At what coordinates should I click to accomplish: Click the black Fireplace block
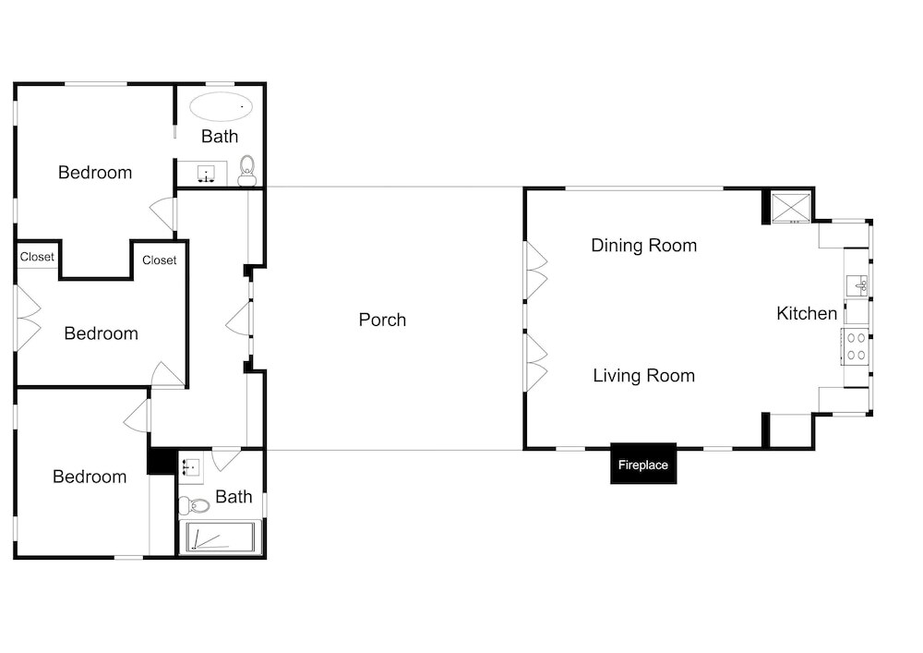coord(642,464)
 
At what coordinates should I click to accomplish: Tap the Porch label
coord(382,320)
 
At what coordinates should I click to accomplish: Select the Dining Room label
coord(644,245)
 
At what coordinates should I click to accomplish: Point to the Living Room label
coord(644,376)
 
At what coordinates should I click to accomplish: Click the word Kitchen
coord(807,313)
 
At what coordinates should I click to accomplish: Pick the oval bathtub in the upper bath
coord(221,106)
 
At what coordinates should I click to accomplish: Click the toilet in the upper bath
coord(247,171)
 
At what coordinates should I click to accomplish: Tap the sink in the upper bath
coord(206,174)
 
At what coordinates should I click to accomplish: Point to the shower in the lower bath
coord(221,537)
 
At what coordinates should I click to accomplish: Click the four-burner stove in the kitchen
coord(856,346)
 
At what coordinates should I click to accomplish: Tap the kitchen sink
coord(857,286)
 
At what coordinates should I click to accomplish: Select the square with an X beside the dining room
coord(791,207)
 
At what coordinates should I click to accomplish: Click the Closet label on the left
coord(37,257)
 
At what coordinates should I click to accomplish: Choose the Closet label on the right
coord(159,260)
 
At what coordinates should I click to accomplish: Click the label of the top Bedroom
coord(95,173)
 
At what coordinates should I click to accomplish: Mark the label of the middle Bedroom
coord(102,333)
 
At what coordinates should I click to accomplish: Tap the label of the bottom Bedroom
coord(90,477)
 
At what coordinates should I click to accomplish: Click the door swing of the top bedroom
coord(162,213)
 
